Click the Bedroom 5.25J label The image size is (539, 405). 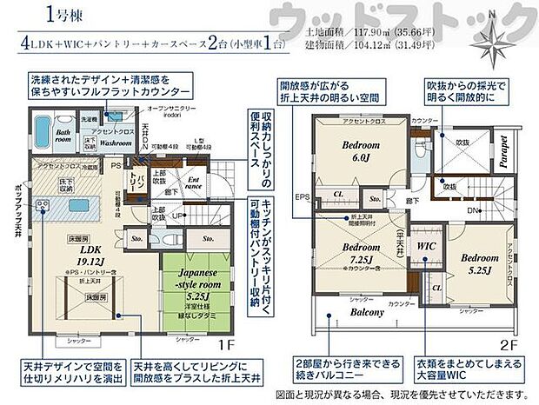point(479,264)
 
